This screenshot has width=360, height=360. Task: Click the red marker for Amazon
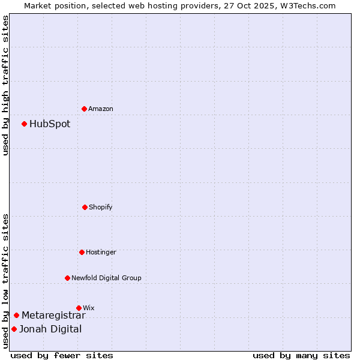[x=84, y=109]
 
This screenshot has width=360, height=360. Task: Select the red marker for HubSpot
[x=24, y=124]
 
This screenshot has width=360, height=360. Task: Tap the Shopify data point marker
[x=85, y=207]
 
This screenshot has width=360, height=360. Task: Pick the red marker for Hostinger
[x=82, y=252]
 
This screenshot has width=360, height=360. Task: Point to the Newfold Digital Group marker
[x=67, y=278]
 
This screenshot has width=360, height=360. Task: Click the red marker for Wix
[x=79, y=308]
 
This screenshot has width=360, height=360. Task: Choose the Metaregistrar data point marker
[x=16, y=315]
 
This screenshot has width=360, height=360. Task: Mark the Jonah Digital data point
[x=14, y=329]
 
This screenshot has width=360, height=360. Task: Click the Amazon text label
[x=101, y=109]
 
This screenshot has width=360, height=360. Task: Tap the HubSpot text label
[x=50, y=124]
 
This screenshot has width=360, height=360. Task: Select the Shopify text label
[x=101, y=207]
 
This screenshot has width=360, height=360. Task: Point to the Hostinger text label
[x=101, y=252]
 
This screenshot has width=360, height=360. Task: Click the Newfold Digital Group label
[x=106, y=278]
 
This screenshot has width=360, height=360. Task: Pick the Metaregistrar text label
[x=53, y=315]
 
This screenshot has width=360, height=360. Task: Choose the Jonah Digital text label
[x=50, y=329]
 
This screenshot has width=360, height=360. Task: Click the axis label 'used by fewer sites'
[x=62, y=355]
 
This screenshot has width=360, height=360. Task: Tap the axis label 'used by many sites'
[x=301, y=355]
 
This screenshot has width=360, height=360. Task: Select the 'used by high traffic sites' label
[x=5, y=85]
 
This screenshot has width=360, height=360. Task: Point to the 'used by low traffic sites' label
[x=5, y=281]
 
